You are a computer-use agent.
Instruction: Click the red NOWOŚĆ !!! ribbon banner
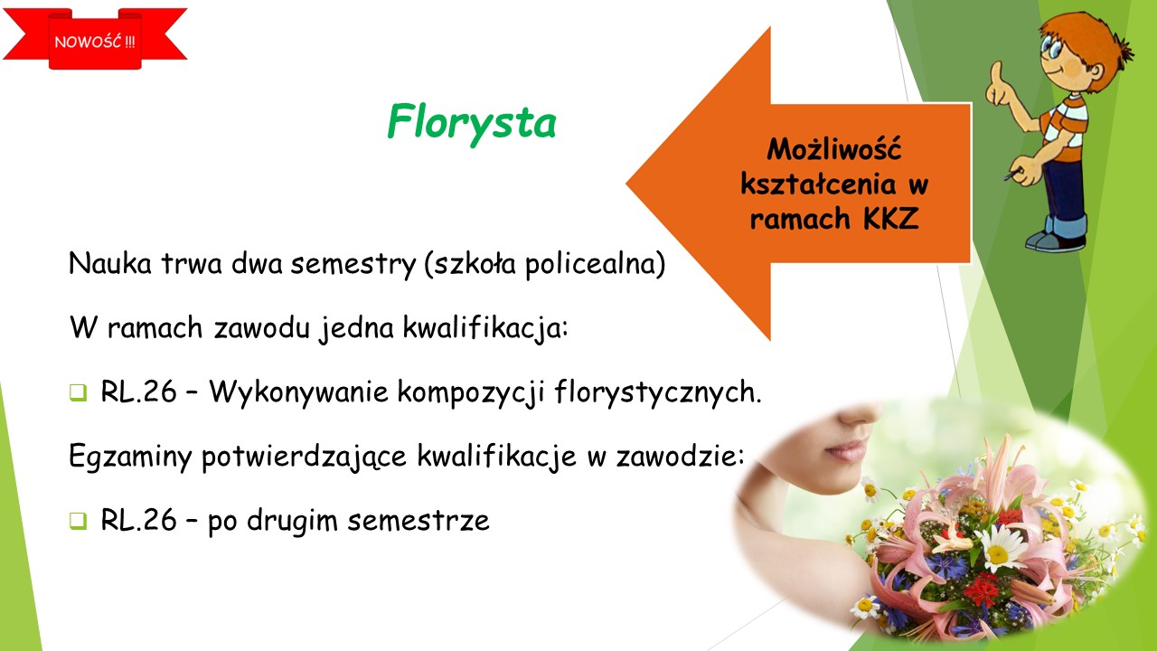point(95,39)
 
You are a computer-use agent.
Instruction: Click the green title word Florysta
point(472,123)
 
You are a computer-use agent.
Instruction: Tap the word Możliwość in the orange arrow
point(834,149)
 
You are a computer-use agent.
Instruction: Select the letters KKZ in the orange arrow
point(891,218)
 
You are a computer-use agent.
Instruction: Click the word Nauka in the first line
point(110,263)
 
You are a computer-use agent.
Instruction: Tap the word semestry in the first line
point(353,265)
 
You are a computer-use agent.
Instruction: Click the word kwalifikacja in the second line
point(485,329)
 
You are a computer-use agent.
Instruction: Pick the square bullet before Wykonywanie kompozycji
point(78,392)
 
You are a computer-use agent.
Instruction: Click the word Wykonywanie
point(298,392)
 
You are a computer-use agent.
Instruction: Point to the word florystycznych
point(658,392)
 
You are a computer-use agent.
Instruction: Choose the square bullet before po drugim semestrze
point(78,520)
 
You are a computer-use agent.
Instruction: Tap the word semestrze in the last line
point(419,521)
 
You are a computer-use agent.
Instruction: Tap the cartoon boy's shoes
point(1055,241)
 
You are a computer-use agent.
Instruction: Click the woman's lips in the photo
point(847,449)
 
